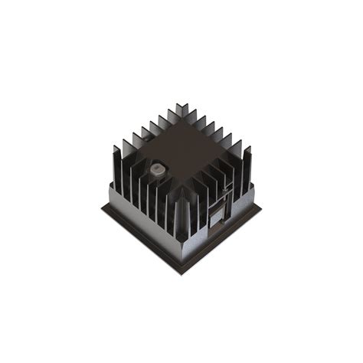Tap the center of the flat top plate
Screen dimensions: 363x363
[x=182, y=150]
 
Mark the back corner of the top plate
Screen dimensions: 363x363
[x=181, y=121]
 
